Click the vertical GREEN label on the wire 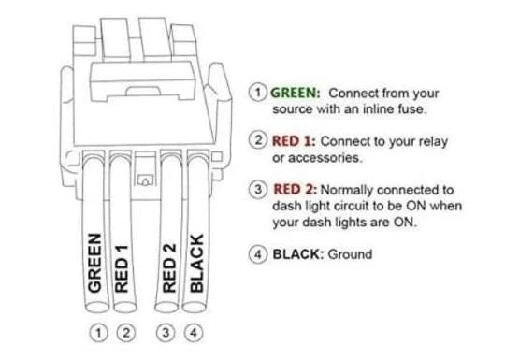(x=94, y=263)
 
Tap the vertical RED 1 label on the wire (x=120, y=268)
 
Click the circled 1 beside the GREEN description (x=258, y=93)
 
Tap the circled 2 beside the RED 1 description (x=258, y=140)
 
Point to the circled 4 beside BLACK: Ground (x=258, y=254)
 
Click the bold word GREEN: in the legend (x=296, y=93)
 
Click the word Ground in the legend (x=349, y=254)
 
